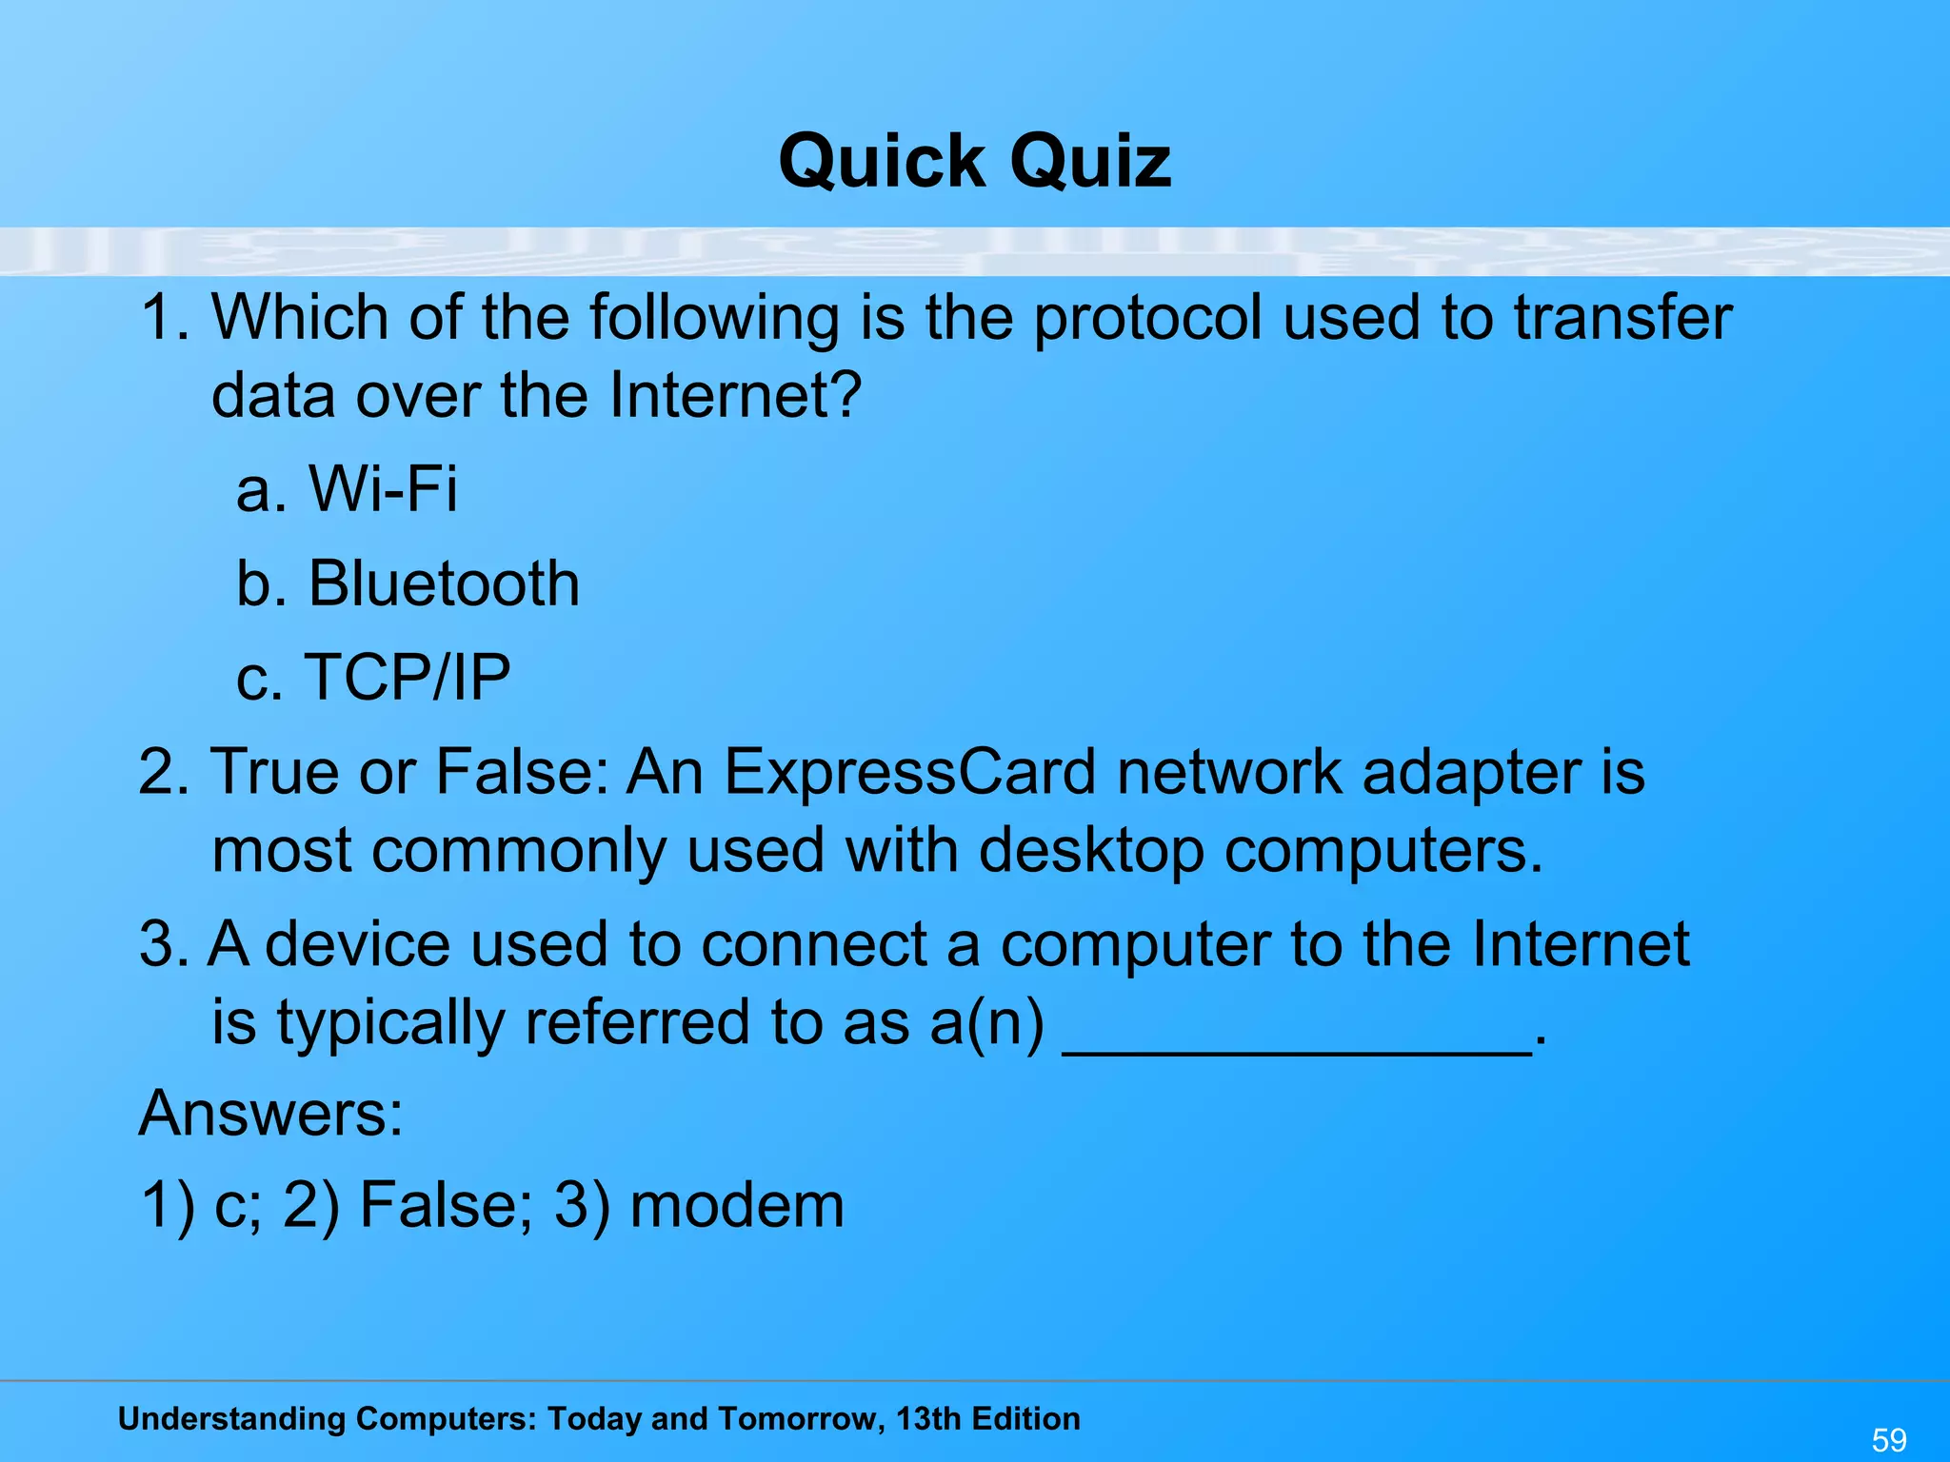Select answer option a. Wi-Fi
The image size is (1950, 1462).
pyautogui.click(x=347, y=489)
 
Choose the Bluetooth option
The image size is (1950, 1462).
pyautogui.click(x=408, y=583)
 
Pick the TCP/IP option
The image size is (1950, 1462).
pyautogui.click(x=373, y=677)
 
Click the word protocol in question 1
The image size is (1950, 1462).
pyautogui.click(x=1147, y=319)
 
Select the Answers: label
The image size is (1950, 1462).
pyautogui.click(x=271, y=1113)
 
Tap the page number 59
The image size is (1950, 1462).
pyautogui.click(x=1889, y=1439)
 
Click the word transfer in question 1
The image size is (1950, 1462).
pyautogui.click(x=1622, y=317)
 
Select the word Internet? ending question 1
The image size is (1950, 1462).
pyautogui.click(x=735, y=395)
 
